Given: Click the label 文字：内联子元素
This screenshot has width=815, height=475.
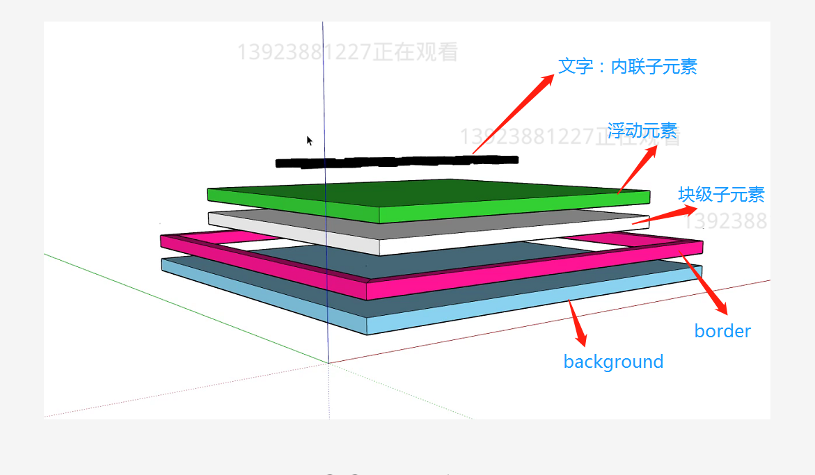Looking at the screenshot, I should click(627, 66).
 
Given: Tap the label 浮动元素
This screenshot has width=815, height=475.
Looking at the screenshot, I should click(642, 131).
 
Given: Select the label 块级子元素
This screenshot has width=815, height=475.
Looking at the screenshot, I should click(721, 194).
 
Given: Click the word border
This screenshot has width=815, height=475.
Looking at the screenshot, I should click(722, 331).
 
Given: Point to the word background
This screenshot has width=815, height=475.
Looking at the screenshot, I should click(613, 362).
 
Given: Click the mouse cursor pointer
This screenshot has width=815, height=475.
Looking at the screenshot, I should click(309, 140).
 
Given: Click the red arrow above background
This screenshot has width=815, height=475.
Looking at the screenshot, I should click(577, 323).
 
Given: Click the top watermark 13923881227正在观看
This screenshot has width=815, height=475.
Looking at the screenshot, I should click(347, 52).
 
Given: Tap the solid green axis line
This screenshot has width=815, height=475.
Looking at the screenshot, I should click(174, 305).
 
